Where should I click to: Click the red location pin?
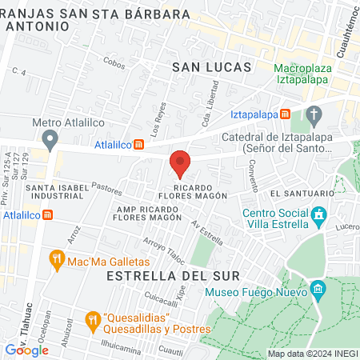pyautogui.click(x=180, y=163)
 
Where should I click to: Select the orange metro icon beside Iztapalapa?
pyautogui.click(x=286, y=114)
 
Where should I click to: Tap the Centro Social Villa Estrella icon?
pyautogui.click(x=319, y=214)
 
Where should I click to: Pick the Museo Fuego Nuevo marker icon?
pyautogui.click(x=318, y=288)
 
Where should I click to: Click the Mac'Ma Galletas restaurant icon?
pyautogui.click(x=55, y=258)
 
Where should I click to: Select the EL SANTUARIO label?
pyautogui.click(x=301, y=194)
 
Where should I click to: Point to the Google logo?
pyautogui.click(x=26, y=350)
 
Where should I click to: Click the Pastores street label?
pyautogui.click(x=106, y=187)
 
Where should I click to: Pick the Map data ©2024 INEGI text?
pyautogui.click(x=312, y=354)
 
